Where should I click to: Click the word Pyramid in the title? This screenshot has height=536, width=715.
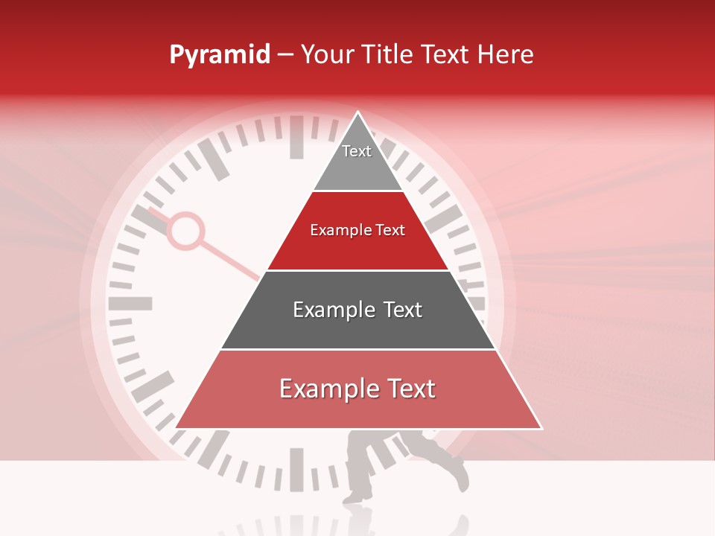pyautogui.click(x=219, y=55)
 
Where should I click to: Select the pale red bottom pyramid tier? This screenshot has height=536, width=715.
pyautogui.click(x=357, y=398)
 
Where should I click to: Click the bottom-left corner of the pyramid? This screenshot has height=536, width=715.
pyautogui.click(x=177, y=427)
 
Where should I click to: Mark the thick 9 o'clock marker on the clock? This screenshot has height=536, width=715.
pyautogui.click(x=130, y=304)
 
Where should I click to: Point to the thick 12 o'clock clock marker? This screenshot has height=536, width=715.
pyautogui.click(x=296, y=137)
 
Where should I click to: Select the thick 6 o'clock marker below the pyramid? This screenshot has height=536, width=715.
pyautogui.click(x=296, y=469)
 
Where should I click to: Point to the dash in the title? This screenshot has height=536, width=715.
pyautogui.click(x=285, y=54)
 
